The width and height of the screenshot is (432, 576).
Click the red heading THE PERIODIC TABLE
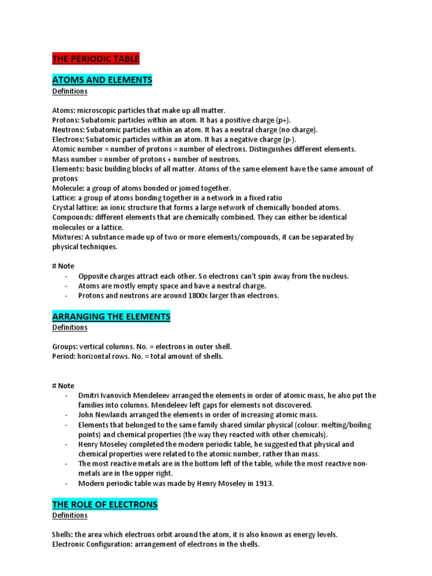pyautogui.click(x=95, y=58)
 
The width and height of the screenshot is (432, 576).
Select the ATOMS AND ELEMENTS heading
pyautogui.click(x=102, y=80)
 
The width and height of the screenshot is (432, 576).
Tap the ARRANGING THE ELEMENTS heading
pyautogui.click(x=111, y=317)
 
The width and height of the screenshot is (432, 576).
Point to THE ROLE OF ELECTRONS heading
pyautogui.click(x=105, y=505)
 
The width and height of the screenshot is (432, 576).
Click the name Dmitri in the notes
pyautogui.click(x=89, y=395)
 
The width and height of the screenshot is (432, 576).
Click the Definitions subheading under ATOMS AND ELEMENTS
pyautogui.click(x=70, y=91)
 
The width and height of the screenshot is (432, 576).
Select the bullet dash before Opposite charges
pyautogui.click(x=66, y=276)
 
